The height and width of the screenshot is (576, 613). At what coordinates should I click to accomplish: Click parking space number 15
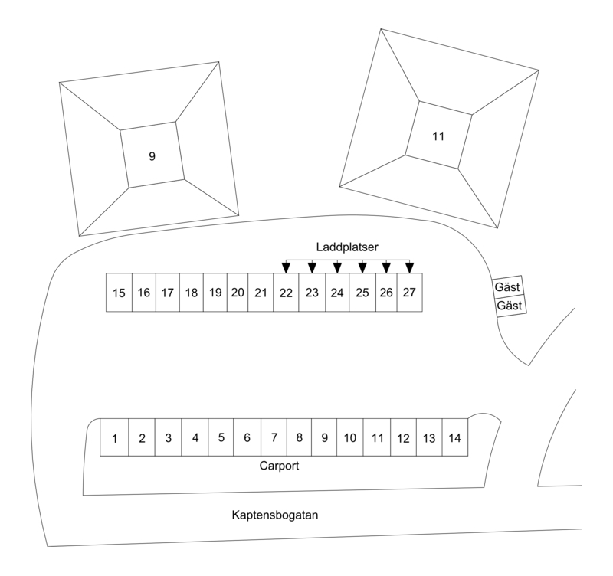click(x=119, y=292)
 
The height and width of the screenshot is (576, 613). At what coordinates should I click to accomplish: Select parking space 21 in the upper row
click(x=261, y=292)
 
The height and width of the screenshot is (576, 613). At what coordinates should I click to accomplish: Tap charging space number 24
click(x=337, y=292)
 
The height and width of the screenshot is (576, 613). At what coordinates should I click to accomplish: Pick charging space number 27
click(x=410, y=292)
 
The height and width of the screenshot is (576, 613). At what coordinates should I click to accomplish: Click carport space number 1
click(x=114, y=438)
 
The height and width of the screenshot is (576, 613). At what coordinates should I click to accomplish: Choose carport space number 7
click(x=274, y=438)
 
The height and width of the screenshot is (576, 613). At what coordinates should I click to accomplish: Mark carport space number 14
click(x=454, y=438)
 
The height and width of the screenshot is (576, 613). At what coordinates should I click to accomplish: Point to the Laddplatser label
click(x=347, y=247)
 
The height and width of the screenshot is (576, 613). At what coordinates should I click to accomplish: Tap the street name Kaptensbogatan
click(x=274, y=515)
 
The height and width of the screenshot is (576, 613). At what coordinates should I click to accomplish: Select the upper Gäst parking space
click(x=508, y=287)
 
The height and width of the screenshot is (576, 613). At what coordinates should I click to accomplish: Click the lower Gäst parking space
click(x=510, y=305)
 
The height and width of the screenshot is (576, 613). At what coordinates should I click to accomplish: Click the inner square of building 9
click(x=152, y=155)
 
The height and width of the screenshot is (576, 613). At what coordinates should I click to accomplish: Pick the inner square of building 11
click(x=438, y=136)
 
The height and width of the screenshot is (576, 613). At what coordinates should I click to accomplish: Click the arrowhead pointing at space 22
click(x=286, y=267)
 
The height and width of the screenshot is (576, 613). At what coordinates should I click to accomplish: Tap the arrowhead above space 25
click(x=362, y=267)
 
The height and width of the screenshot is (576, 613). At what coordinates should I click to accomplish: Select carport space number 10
click(x=349, y=438)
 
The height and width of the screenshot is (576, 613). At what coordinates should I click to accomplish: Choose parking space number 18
click(x=192, y=292)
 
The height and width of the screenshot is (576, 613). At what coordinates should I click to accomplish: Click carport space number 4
click(x=195, y=438)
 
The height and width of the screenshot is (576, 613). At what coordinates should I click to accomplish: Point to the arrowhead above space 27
click(x=410, y=267)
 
